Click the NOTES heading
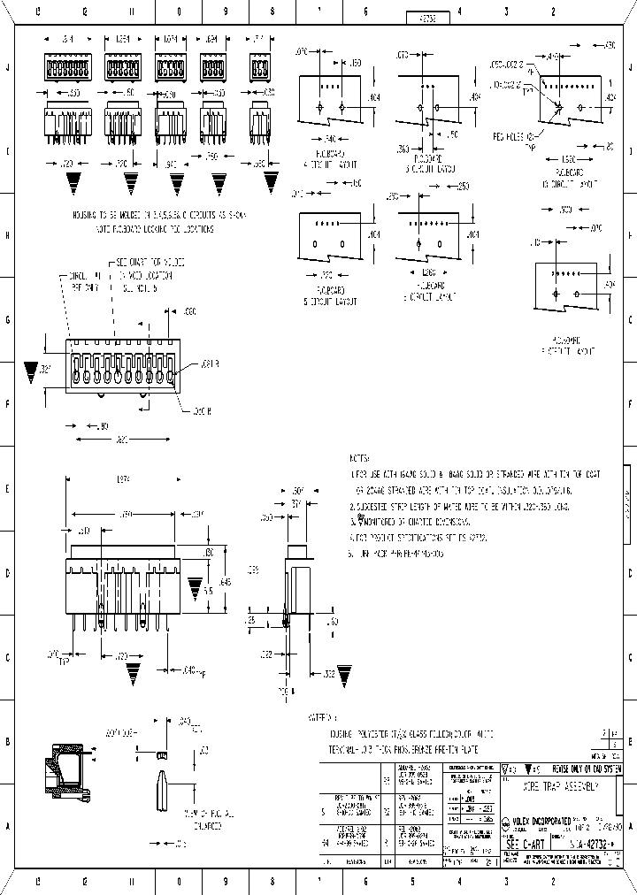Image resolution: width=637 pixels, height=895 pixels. pos(360,459)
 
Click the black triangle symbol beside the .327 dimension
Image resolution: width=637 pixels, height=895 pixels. pos(32,370)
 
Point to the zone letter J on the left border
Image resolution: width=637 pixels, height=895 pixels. pos(8,67)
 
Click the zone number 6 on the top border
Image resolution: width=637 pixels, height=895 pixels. pos(365,12)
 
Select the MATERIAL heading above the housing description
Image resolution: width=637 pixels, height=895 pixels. pos(321,718)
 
